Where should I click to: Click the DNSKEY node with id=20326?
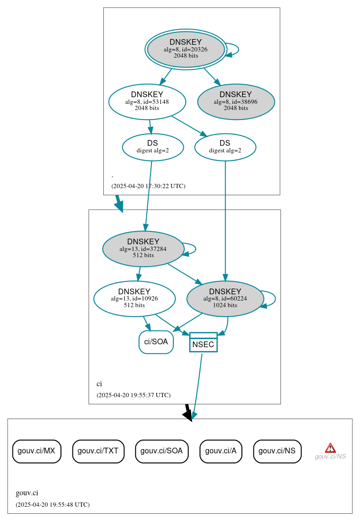coord(186,49)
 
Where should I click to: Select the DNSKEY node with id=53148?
coord(147,101)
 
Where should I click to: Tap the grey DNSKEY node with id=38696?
coord(236,101)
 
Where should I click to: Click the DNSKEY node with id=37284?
coord(143,249)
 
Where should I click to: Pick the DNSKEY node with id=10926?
coord(134,299)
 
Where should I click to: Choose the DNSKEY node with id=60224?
coord(225,299)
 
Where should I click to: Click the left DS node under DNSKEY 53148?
coord(152,147)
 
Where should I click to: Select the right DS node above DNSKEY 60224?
coord(225,147)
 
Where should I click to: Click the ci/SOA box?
coord(156,342)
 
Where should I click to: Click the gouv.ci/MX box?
coord(37,451)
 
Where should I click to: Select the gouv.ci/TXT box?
coord(98,451)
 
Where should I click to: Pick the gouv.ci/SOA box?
coord(162,451)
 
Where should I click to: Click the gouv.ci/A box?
coord(221,451)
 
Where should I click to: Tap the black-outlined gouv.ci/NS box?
coord(277,451)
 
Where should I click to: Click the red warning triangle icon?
coord(330,448)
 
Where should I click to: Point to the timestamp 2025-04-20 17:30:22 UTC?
coord(148,186)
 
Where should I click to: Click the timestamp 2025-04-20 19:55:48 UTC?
coord(52,504)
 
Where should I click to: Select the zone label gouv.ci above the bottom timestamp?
coord(27,493)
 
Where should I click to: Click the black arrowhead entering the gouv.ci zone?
coord(188,415)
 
